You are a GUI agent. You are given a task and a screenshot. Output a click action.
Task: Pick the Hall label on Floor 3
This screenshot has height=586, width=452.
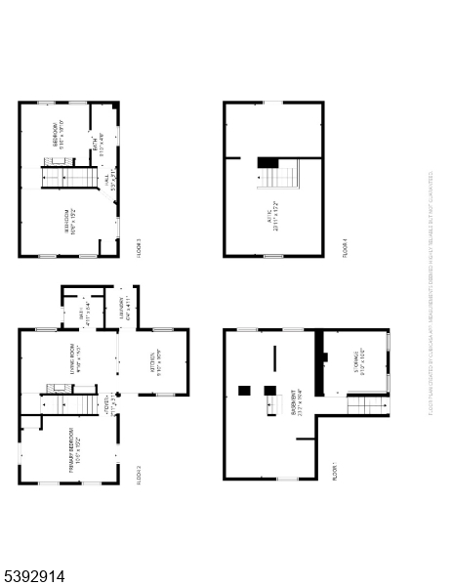point(112,183)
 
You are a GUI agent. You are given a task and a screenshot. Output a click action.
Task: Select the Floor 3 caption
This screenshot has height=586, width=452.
point(138,245)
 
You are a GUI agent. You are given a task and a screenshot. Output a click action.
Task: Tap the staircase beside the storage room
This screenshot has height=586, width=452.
point(367,403)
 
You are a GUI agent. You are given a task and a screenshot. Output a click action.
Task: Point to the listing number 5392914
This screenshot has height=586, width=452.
point(34,576)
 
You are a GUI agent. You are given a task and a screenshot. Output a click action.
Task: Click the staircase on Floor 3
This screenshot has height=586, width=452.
point(69,178)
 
